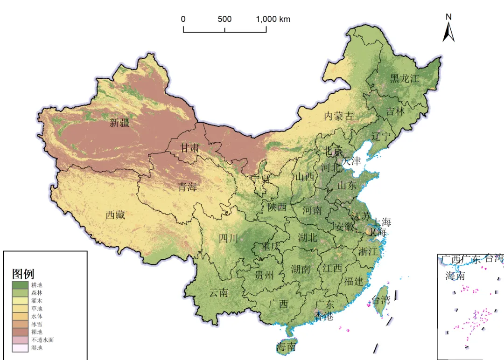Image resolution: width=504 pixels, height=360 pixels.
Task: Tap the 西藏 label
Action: pos(115,215)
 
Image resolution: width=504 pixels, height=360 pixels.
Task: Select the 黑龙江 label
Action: pos(405,79)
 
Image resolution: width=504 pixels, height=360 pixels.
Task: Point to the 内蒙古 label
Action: pos(339,117)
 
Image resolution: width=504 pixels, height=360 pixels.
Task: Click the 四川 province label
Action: pos(228,239)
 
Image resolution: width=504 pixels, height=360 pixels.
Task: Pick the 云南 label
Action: pos(218,293)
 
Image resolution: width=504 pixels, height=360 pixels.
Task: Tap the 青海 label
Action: pos(187,187)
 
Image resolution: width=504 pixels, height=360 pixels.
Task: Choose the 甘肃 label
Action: pos(190,148)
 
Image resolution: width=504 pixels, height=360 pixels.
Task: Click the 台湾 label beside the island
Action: pos(380,300)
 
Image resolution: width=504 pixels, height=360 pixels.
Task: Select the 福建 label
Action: pos(353,281)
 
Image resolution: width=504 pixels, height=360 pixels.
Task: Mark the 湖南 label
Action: pos(301,269)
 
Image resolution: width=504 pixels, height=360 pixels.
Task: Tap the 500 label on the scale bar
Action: pos(224,19)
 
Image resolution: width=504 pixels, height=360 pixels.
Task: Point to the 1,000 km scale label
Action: pos(273,19)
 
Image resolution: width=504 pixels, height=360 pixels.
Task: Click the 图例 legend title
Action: pos(23,274)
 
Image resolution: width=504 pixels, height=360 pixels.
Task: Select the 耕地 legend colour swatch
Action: pos(21,284)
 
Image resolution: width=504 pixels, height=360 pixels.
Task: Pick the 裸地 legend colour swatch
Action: pos(21,332)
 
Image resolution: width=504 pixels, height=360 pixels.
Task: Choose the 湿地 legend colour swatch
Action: pos(21,348)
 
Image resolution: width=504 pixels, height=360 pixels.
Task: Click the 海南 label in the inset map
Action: pos(455,276)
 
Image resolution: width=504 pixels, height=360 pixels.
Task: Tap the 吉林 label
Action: pos(396,111)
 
